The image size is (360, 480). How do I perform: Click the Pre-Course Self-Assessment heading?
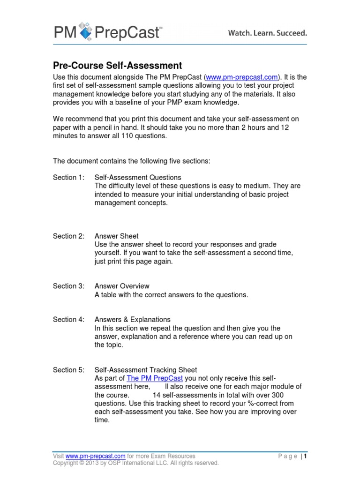(x=117, y=66)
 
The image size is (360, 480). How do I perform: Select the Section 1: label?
(x=68, y=177)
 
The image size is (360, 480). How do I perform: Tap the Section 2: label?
(x=68, y=236)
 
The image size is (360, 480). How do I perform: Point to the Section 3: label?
(x=68, y=286)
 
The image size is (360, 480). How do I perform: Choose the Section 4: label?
(x=68, y=319)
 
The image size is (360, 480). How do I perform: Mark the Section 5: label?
(x=68, y=370)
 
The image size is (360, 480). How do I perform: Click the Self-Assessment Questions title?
(x=138, y=177)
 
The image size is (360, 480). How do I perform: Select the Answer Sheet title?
(x=116, y=236)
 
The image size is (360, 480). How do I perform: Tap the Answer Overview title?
(x=122, y=286)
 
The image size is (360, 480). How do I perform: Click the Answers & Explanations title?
(x=132, y=319)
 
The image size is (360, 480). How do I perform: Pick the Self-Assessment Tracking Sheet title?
(x=146, y=370)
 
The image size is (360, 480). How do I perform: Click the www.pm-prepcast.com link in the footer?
(x=95, y=456)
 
